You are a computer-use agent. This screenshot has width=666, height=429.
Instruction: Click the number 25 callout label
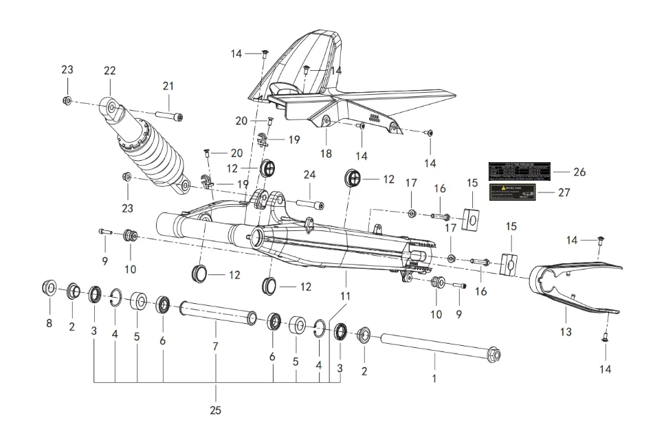coord(215,410)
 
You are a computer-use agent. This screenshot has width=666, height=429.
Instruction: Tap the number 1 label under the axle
coord(434,377)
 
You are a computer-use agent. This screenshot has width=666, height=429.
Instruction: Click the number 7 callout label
coord(215,346)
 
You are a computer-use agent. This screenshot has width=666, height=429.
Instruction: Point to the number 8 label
coord(49,323)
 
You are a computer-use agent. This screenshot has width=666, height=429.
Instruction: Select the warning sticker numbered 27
coord(512,192)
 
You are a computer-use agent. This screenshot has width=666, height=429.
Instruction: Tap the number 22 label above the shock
coord(109,71)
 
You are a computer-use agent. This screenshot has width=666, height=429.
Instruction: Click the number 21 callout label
coord(169,86)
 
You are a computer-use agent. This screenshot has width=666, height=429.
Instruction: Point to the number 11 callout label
coord(345,296)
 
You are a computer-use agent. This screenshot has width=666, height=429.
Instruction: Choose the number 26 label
coord(579,172)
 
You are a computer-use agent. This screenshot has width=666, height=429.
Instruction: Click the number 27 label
coord(564,192)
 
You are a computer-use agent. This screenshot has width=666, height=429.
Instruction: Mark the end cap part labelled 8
coord(49,287)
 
